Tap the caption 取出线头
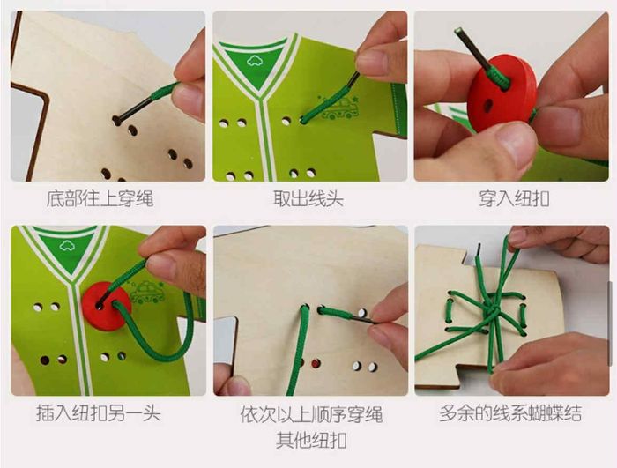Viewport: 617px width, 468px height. (309, 198)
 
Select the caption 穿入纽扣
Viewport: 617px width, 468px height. (514, 198)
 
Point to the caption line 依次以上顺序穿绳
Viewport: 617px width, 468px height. (311, 413)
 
